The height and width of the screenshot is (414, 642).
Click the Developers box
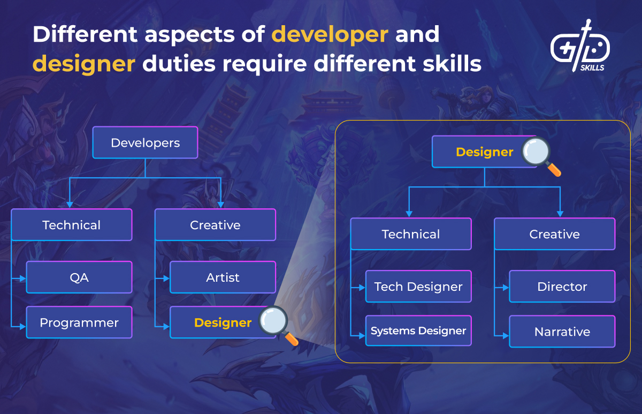(145, 143)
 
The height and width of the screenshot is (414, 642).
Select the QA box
(79, 277)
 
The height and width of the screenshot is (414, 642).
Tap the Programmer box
(79, 323)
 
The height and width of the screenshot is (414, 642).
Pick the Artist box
(223, 277)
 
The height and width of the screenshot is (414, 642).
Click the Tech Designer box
(418, 287)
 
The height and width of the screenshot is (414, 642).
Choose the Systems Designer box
(418, 331)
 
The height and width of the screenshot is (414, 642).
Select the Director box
(562, 287)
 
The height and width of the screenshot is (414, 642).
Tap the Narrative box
(562, 332)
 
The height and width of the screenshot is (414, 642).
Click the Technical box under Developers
(71, 225)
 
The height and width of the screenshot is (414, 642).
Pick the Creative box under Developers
(215, 225)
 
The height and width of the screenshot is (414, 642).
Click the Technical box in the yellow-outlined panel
(411, 234)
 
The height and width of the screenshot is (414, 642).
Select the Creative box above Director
(554, 234)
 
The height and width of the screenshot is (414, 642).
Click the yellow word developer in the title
(330, 34)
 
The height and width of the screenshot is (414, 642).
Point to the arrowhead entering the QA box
(23, 278)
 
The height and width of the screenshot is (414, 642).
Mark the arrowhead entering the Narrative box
(506, 336)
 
